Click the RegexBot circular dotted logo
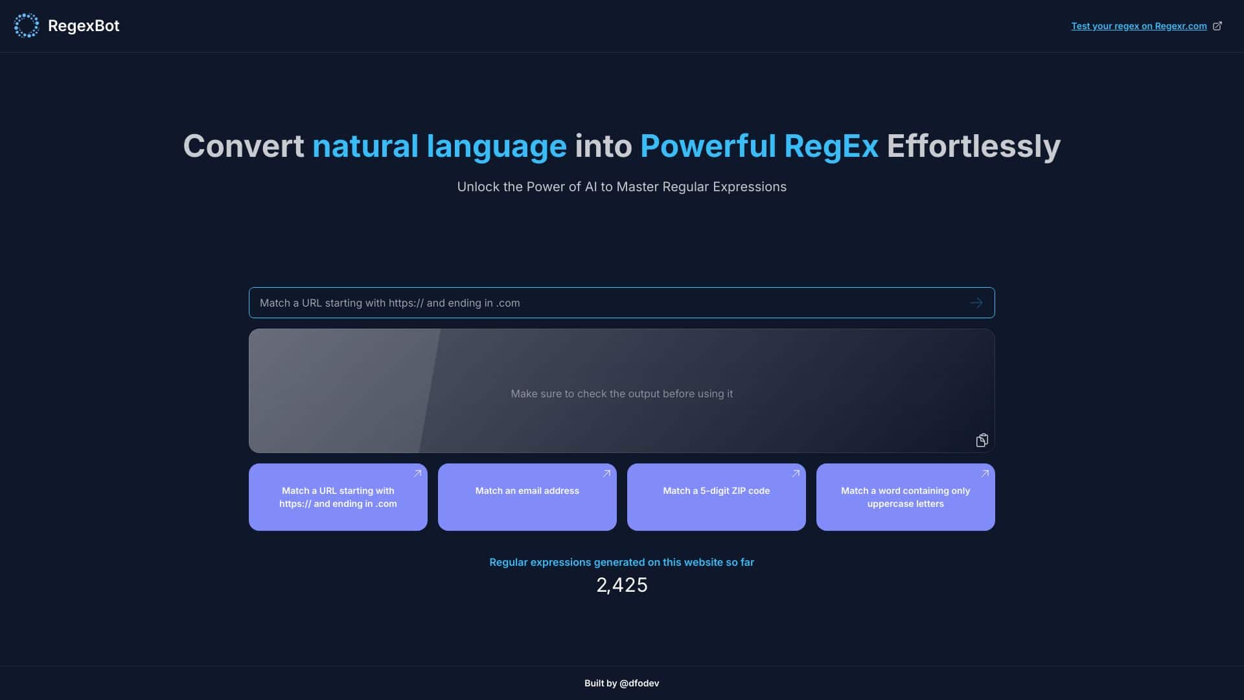tap(27, 26)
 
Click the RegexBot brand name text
tap(84, 26)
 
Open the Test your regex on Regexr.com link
tap(1138, 26)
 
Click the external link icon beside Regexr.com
tap(1217, 26)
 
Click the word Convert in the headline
tap(243, 146)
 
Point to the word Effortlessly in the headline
tap(973, 146)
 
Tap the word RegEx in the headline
tap(831, 146)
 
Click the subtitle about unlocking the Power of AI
tap(621, 187)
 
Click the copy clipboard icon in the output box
tap(982, 441)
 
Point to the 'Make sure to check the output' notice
tap(621, 393)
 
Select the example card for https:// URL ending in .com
tap(338, 497)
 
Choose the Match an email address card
tap(527, 497)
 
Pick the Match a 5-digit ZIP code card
tap(716, 497)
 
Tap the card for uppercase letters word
tap(905, 497)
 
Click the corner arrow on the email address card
tap(606, 474)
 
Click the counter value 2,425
tap(621, 585)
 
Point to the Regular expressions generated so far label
tap(621, 562)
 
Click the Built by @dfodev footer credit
tap(621, 683)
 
